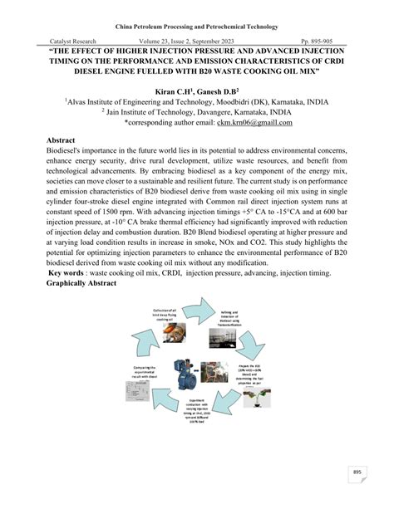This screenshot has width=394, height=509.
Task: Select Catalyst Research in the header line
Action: [73, 41]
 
